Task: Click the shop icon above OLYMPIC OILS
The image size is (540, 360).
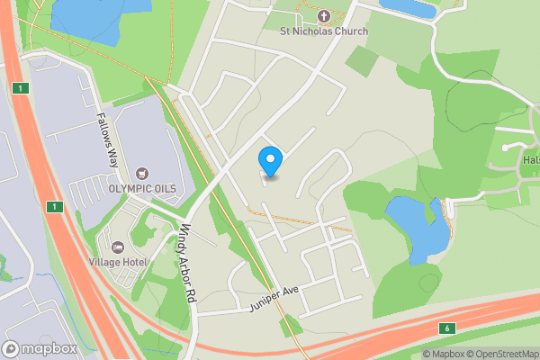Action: click(x=141, y=173)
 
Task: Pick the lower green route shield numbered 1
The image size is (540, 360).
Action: click(x=55, y=207)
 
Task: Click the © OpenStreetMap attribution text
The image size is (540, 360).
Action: click(x=500, y=354)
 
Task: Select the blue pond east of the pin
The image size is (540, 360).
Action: click(x=415, y=227)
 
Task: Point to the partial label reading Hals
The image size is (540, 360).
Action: click(x=530, y=159)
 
